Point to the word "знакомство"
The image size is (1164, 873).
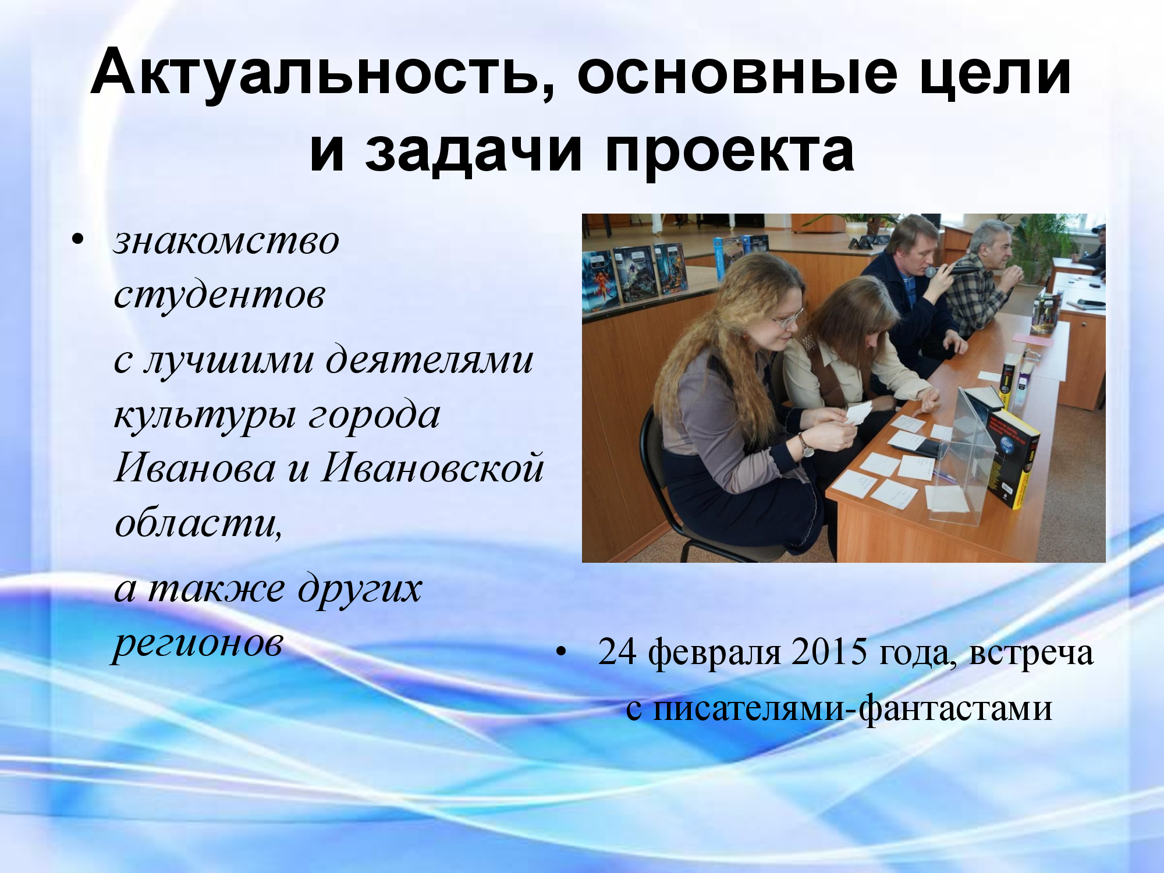coord(226,241)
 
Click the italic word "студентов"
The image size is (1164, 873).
coord(219,295)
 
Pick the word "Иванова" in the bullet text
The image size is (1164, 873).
coord(195,467)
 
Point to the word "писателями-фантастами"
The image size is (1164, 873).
coord(853,708)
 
